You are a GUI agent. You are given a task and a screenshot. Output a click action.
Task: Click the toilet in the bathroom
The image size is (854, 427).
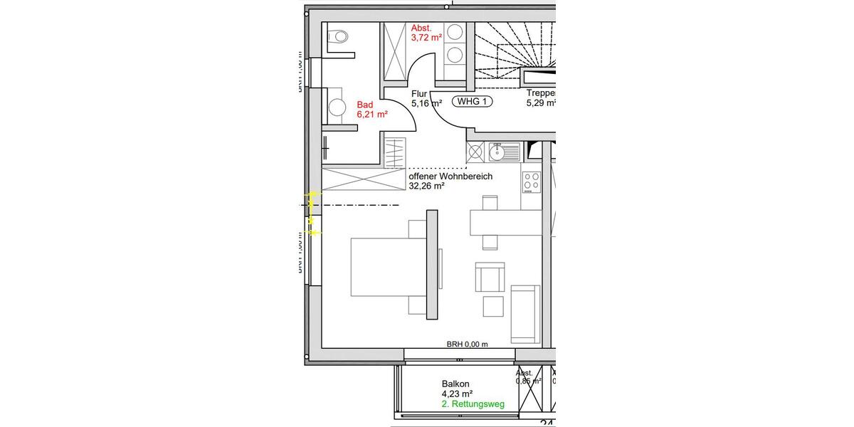pos(338,36)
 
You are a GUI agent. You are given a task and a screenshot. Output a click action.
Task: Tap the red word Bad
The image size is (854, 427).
pos(364,105)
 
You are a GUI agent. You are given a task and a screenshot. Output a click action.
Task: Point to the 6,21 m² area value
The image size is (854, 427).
pos(371,114)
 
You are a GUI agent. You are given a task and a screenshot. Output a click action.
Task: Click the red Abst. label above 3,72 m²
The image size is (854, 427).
pos(421,28)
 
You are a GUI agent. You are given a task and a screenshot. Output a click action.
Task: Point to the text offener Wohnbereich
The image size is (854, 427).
pos(450,176)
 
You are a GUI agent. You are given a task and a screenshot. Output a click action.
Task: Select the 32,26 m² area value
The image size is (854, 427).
pos(426,186)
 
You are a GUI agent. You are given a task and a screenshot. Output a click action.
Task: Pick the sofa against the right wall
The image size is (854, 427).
pos(525,313)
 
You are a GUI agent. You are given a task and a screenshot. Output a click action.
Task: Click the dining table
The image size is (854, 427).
pos(501,223)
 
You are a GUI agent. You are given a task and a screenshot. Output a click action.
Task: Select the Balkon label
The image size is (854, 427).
pos(456,383)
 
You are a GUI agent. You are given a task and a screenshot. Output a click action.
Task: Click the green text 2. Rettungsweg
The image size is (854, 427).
pos(473,404)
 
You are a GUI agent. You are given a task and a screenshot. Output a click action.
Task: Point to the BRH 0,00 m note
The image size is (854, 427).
pos(467,344)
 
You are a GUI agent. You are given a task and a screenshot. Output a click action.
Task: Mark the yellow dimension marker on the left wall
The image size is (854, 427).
pos(312,213)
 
